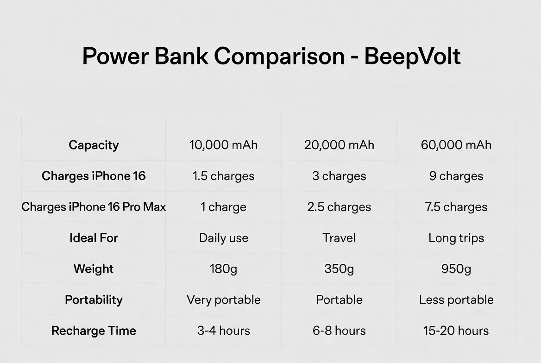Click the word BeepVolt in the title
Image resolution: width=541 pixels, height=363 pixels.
pos(412,56)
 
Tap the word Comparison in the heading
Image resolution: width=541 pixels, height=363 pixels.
pos(279,56)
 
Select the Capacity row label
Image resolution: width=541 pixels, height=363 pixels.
pos(94,145)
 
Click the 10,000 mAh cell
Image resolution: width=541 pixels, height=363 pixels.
pos(223,145)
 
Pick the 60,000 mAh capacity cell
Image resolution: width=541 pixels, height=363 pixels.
pos(456,145)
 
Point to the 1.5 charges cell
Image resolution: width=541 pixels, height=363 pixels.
pos(223,176)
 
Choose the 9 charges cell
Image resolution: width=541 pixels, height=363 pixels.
pos(456,176)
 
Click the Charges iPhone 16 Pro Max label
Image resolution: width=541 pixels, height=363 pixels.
pos(94,207)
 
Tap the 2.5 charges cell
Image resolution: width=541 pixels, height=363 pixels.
pos(339,207)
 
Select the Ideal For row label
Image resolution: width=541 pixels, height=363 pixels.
pos(94,238)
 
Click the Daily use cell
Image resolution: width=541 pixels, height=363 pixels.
pos(224,238)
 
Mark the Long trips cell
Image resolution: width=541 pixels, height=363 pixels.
pos(456,238)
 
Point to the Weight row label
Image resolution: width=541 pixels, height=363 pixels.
pos(94,269)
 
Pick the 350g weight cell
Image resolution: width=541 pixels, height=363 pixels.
pos(339,269)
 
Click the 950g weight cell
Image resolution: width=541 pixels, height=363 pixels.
pos(456,269)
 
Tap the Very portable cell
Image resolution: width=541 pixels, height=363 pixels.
pos(224,300)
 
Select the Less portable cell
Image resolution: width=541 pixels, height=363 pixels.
pos(456,300)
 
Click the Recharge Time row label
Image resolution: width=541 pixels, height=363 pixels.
pos(94,331)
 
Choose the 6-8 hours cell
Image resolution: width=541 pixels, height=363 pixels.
pos(339,331)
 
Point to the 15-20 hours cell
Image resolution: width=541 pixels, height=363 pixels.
pos(456,331)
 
